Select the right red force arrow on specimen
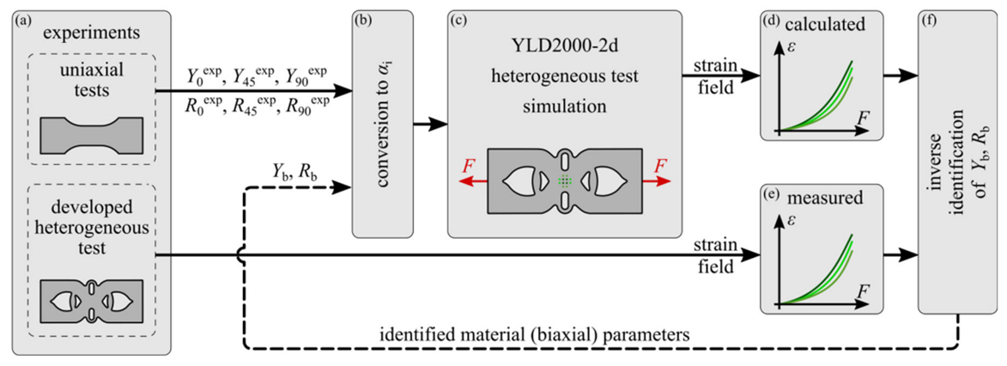657,181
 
